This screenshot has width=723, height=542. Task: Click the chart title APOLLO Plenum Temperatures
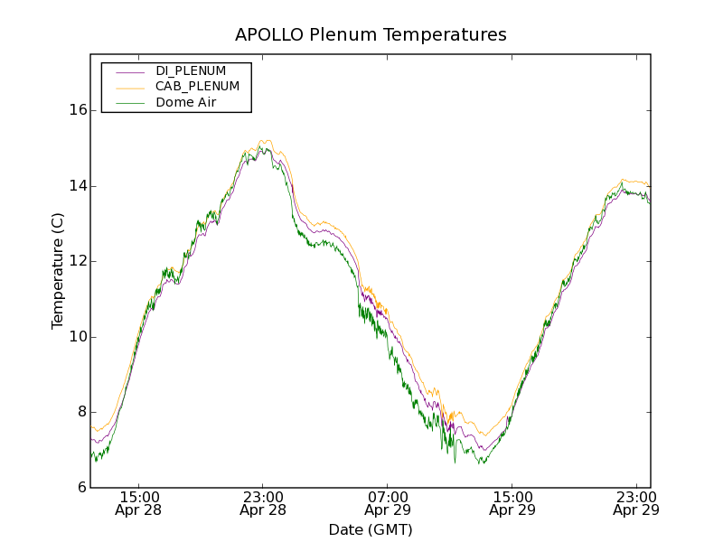[x=371, y=35]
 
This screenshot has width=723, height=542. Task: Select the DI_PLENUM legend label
[x=191, y=70]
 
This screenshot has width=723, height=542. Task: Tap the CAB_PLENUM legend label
[x=197, y=87]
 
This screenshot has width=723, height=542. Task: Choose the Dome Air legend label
[x=186, y=103]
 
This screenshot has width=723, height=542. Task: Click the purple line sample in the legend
[x=130, y=70]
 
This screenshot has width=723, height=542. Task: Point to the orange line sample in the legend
[x=130, y=87]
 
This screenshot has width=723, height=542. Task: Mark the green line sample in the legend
[x=130, y=103]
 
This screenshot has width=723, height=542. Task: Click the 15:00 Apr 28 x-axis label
[x=138, y=503]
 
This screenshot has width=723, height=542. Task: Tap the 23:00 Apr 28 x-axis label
[x=263, y=503]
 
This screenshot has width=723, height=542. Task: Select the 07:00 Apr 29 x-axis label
[x=388, y=503]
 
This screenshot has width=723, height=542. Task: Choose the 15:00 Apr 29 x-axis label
[x=512, y=503]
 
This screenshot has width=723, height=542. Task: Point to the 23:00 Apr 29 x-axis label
[x=636, y=503]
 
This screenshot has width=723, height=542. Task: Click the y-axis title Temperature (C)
[x=58, y=271]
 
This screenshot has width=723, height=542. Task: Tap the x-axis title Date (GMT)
[x=371, y=529]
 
